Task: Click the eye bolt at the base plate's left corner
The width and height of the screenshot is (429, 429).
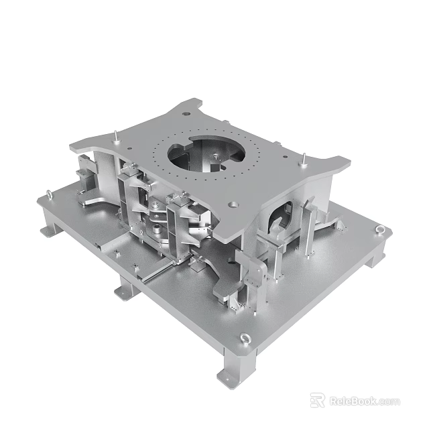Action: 49,196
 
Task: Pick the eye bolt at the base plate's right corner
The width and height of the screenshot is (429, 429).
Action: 381,231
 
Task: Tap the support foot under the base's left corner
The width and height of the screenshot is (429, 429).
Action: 48,231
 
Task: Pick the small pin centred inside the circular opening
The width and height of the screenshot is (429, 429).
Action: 216,158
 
